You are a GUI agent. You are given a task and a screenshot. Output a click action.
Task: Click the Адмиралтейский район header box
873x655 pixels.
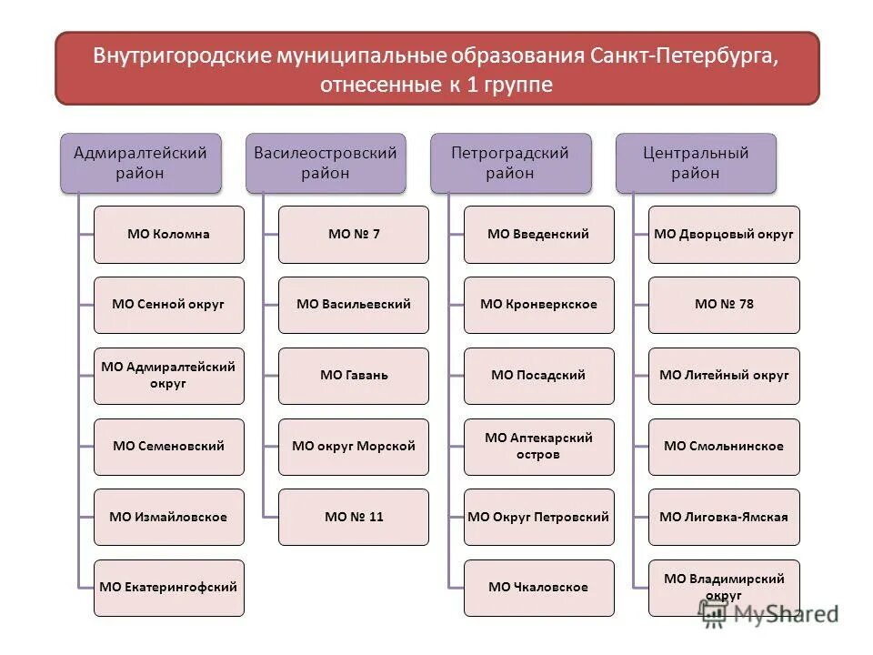coord(141,163)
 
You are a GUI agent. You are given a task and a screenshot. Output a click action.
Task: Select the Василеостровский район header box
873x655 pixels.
coord(326,163)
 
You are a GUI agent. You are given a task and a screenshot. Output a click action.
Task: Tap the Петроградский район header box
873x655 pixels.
coord(510,163)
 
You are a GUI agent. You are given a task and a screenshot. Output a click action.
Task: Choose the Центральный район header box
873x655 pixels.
coord(696,163)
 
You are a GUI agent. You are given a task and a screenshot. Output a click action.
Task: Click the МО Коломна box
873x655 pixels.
coord(168,234)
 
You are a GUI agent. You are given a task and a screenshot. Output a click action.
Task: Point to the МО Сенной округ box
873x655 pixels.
coord(168,304)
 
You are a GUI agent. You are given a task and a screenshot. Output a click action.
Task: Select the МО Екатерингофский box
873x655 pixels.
coord(168,587)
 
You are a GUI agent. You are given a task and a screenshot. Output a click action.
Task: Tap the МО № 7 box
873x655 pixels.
coord(354,234)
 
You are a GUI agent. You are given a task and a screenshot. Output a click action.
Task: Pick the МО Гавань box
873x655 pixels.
coord(354,375)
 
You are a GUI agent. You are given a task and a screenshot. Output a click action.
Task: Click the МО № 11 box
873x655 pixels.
coord(354,517)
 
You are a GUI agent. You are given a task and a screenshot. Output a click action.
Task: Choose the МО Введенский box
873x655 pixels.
coord(538,234)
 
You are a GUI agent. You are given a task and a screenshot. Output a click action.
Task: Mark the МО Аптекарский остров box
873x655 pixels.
coord(538,446)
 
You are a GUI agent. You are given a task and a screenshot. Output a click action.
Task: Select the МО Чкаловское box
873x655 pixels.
coord(538,587)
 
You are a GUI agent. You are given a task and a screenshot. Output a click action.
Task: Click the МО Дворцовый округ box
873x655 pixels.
coord(724,234)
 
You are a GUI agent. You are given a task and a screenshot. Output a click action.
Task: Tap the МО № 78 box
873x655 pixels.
coord(724,304)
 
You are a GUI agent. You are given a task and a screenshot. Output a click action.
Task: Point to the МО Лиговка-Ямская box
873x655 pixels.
coord(724,517)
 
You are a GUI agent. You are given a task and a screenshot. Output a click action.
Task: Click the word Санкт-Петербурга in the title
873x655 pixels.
coord(687,55)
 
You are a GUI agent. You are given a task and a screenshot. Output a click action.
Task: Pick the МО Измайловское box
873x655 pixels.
coord(168,517)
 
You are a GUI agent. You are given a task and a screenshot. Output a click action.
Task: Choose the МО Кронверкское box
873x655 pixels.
coord(538,304)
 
